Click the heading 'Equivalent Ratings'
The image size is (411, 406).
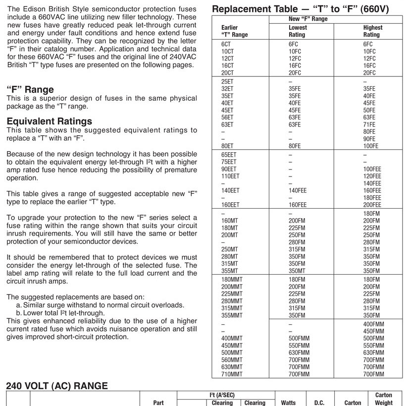[x=50, y=121]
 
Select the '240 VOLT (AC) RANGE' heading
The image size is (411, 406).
[x=57, y=386]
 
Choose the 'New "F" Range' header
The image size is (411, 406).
[x=308, y=19]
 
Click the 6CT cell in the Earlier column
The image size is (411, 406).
[x=226, y=44]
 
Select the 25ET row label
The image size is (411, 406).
[x=227, y=81]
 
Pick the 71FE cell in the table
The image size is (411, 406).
[x=369, y=124]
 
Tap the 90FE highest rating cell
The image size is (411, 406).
[x=369, y=139]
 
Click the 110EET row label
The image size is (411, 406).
[x=230, y=176]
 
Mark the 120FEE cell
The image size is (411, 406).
[x=372, y=176]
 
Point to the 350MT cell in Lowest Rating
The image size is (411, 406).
[x=297, y=271]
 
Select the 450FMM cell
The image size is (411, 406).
[x=373, y=331]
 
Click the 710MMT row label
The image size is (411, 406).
[x=232, y=374]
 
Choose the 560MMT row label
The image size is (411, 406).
[x=232, y=360]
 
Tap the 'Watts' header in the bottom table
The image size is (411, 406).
[x=288, y=403]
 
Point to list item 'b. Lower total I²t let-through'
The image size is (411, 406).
[x=60, y=313]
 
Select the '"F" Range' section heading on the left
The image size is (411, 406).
[x=30, y=90]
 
